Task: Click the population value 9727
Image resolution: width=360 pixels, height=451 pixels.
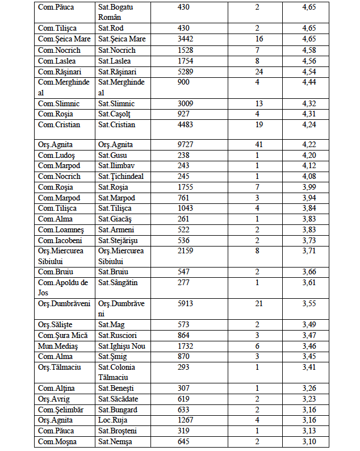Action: pyautogui.click(x=186, y=144)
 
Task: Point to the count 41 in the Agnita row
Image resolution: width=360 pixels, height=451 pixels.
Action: pyautogui.click(x=259, y=144)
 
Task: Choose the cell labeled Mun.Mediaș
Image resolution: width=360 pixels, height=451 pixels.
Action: pyautogui.click(x=58, y=346)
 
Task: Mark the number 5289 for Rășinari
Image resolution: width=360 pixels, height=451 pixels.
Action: pyautogui.click(x=186, y=72)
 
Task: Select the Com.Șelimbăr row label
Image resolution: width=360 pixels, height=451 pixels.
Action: pyautogui.click(x=60, y=410)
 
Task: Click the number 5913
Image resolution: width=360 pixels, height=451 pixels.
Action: pyautogui.click(x=186, y=303)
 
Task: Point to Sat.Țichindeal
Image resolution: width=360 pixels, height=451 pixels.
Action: pyautogui.click(x=120, y=176)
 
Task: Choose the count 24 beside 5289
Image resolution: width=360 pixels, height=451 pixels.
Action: pyautogui.click(x=259, y=72)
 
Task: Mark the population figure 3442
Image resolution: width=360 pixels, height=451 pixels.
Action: pyautogui.click(x=186, y=39)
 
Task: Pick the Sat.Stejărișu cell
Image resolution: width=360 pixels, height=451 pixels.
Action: pyautogui.click(x=118, y=240)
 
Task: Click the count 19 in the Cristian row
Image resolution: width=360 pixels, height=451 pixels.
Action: pyautogui.click(x=259, y=125)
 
